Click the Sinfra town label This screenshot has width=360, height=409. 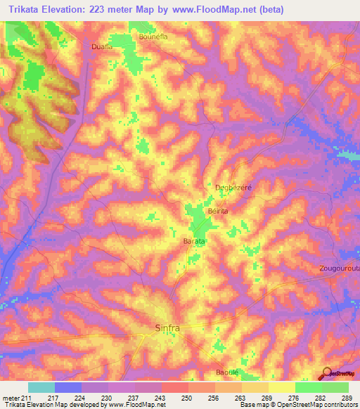click(x=167, y=328)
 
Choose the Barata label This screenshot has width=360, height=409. click(x=194, y=241)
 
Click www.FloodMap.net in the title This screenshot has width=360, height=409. click(x=222, y=10)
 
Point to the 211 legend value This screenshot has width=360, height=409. click(x=25, y=398)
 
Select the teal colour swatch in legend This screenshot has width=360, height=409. click(x=41, y=387)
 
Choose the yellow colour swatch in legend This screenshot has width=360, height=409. click(x=281, y=387)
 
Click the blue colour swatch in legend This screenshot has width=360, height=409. click(x=68, y=387)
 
